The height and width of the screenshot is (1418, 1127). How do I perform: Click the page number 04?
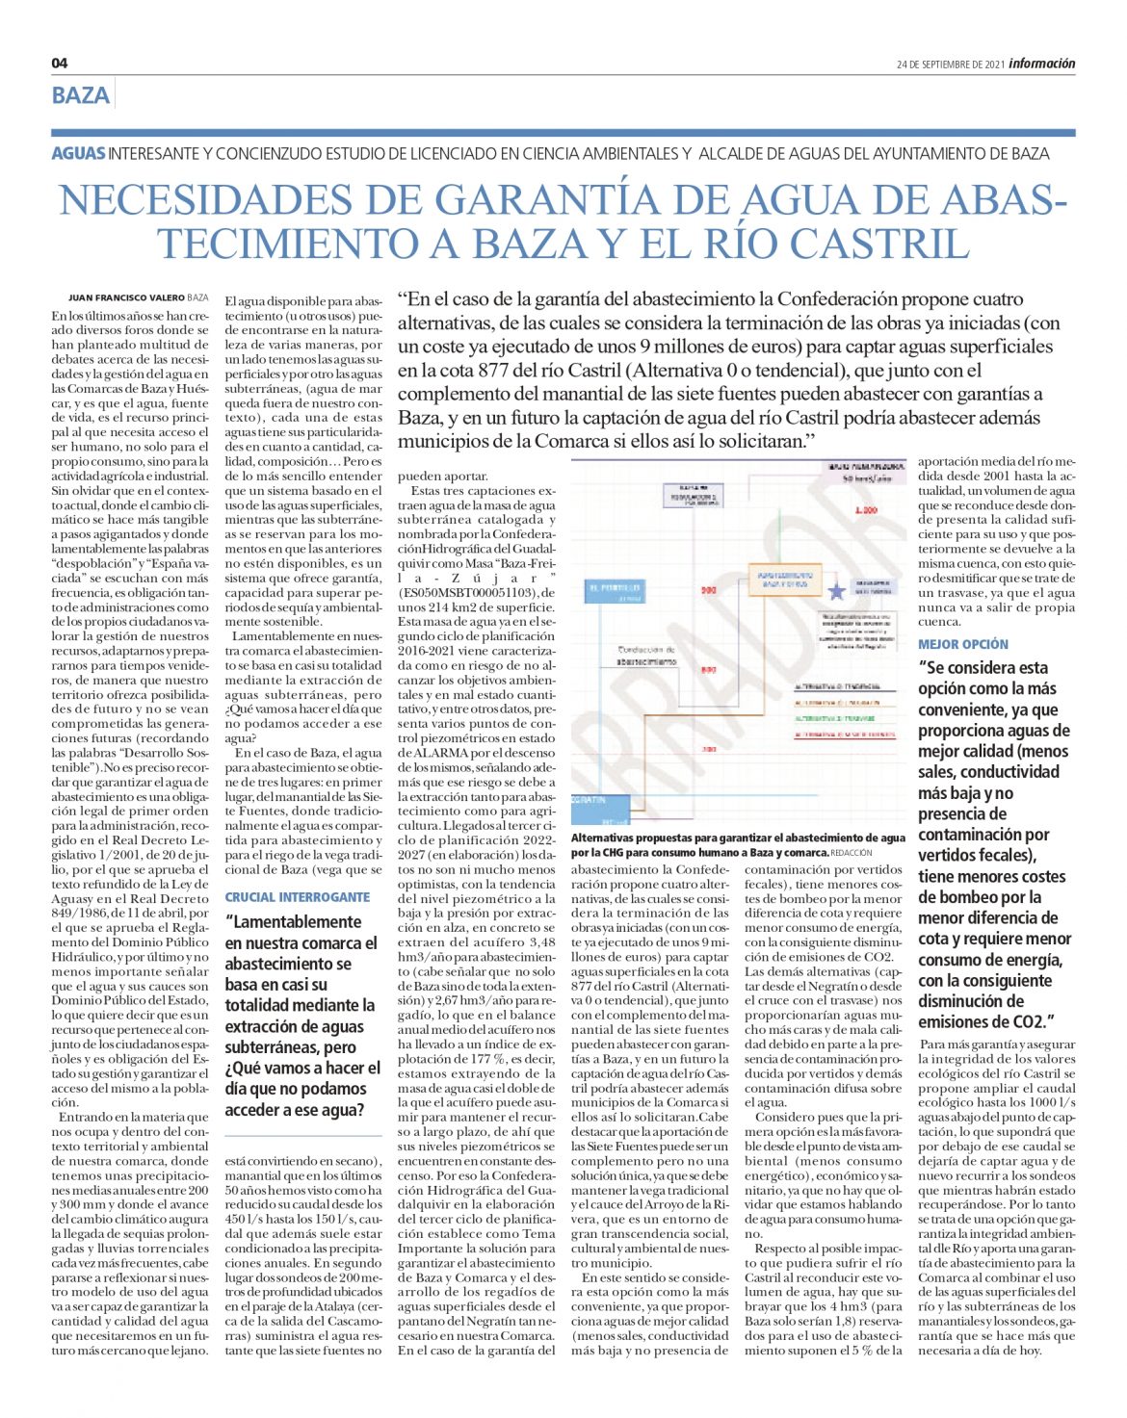tap(60, 64)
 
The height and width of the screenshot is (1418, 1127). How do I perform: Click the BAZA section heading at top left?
tap(81, 95)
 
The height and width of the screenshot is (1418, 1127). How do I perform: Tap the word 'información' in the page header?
tap(1042, 64)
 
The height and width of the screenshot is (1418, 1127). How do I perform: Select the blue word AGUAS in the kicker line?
tap(78, 154)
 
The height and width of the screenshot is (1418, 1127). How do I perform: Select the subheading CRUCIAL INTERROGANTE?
tap(298, 896)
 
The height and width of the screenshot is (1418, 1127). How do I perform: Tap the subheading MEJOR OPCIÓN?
tap(963, 644)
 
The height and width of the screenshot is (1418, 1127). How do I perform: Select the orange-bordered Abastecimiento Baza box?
tap(784, 579)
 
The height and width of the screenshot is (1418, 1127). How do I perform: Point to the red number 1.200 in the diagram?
tap(866, 510)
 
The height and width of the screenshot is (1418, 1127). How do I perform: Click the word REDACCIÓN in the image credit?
tap(852, 853)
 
